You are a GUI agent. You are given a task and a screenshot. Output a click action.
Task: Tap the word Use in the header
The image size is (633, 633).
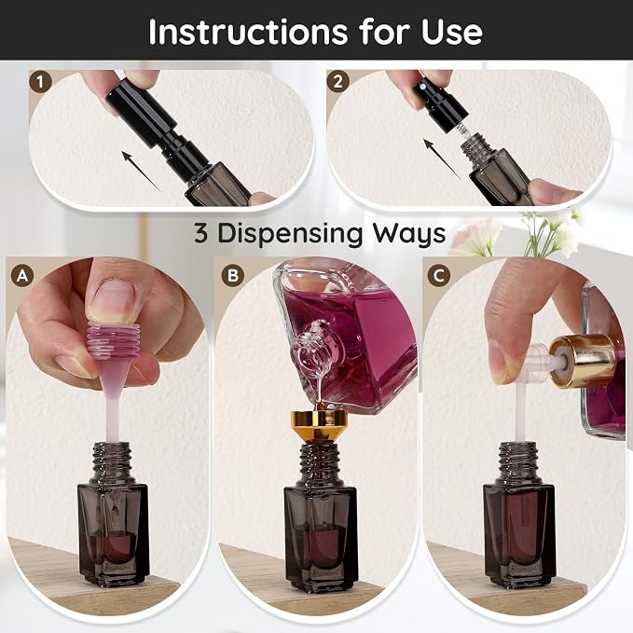pos(452,32)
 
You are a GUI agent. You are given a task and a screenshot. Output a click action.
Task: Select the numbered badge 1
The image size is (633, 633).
pos(40,82)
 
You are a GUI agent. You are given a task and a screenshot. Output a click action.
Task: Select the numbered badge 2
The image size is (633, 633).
pos(337,81)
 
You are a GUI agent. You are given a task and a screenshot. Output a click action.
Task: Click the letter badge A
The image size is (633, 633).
pos(22,276)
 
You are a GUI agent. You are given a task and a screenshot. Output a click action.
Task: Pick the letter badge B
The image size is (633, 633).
pos(233,275)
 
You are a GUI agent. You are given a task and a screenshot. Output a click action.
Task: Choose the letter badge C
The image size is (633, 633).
pos(439,276)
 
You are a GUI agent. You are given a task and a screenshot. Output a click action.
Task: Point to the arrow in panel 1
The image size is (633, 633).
pos(142,172)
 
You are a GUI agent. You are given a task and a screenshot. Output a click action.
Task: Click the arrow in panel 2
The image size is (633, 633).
pos(442,158)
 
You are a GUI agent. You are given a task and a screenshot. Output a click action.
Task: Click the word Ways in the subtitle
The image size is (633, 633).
pos(409,234)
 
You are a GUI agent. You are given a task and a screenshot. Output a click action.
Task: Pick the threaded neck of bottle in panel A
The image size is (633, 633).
pos(112,463)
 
